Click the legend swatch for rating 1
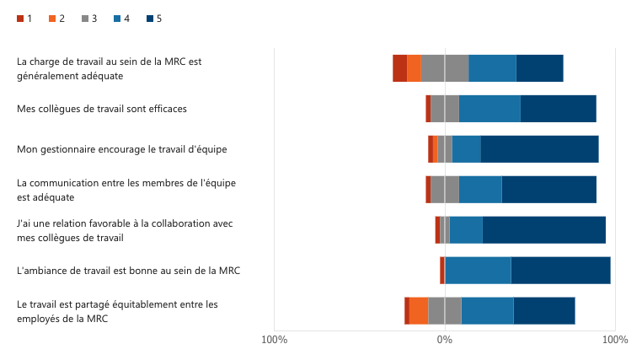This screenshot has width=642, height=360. [21, 18]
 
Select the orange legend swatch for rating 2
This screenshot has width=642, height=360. [53, 18]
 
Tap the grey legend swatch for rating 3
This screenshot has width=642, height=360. [85, 18]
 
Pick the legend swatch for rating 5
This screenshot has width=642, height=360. [150, 18]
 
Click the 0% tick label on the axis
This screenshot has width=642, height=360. [445, 340]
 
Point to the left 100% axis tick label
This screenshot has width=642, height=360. [275, 340]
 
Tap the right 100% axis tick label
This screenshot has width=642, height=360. [615, 340]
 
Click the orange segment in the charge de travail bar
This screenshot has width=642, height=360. [414, 68]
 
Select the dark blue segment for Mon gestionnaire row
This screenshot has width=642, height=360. [539, 149]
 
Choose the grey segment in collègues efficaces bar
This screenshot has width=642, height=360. [445, 109]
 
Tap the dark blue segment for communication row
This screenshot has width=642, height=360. [548, 190]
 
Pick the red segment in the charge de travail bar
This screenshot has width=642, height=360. [399, 68]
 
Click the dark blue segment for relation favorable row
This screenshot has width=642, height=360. [543, 230]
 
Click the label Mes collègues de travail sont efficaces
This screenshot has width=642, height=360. [102, 109]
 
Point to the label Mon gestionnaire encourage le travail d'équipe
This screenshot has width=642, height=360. [122, 149]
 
